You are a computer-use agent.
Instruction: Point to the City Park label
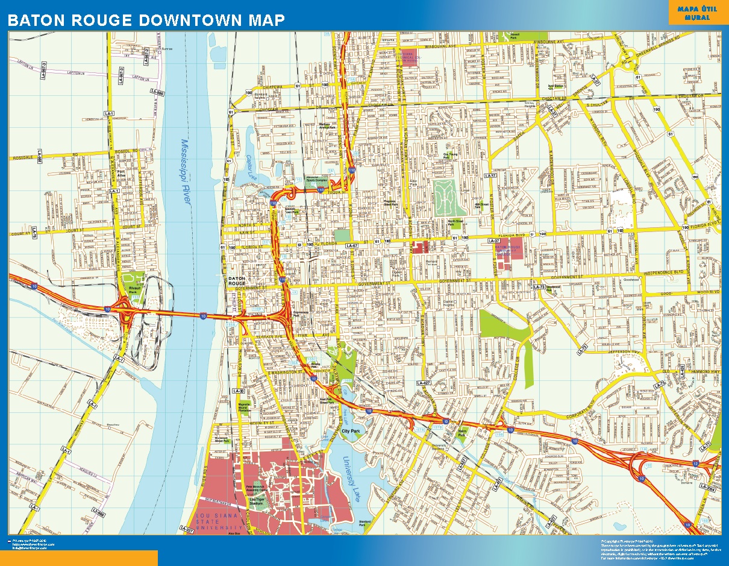[350, 432]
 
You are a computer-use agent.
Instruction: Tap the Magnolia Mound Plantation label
[244, 406]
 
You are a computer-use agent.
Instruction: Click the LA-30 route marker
[239, 391]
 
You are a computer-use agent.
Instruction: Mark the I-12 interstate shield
[695, 464]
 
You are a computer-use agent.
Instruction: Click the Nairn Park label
[463, 432]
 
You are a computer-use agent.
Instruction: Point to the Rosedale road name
[22, 158]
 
